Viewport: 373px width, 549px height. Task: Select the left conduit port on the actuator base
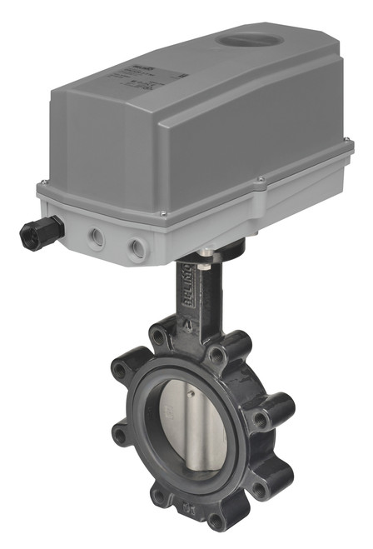pos(98,238)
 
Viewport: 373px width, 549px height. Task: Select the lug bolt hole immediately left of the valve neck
pos(157,337)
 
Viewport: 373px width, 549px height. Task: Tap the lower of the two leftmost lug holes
pos(122,434)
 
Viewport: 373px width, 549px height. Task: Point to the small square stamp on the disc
pos(170,411)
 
